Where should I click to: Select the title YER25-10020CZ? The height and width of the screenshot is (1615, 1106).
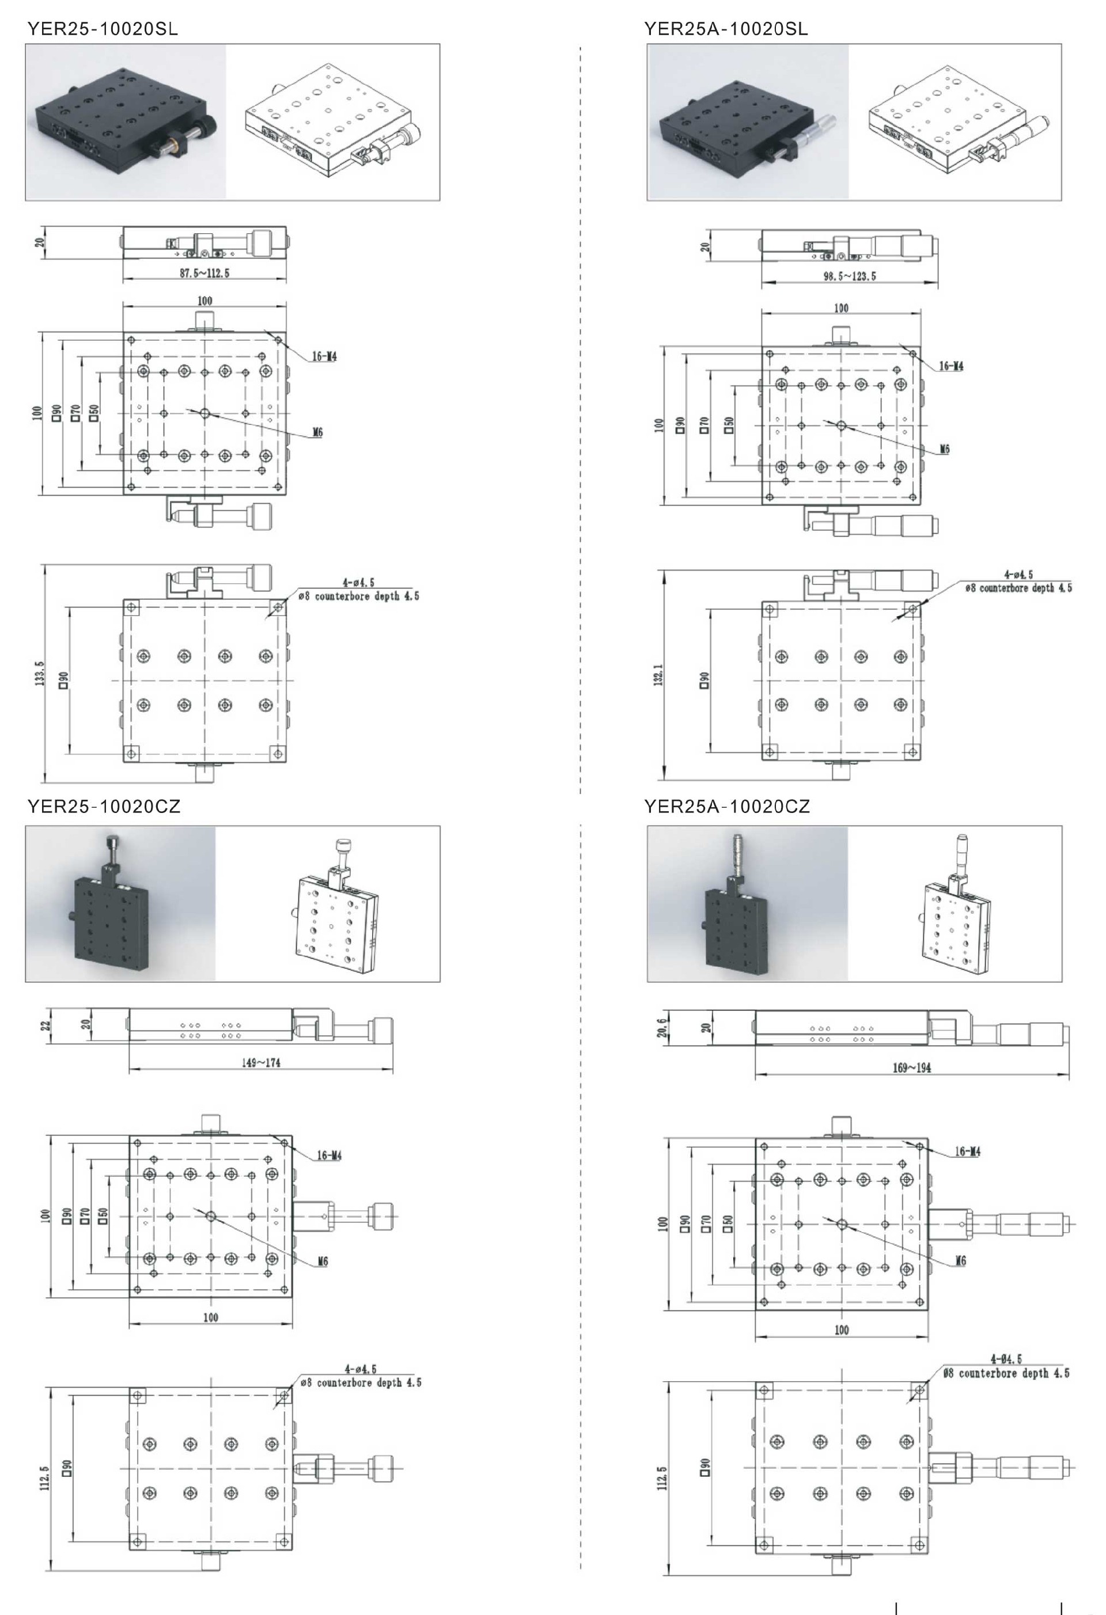click(x=104, y=806)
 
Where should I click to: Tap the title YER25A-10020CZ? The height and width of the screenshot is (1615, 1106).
click(x=727, y=806)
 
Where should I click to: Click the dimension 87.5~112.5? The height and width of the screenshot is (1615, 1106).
click(x=204, y=273)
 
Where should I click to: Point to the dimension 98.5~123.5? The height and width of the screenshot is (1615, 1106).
click(x=850, y=276)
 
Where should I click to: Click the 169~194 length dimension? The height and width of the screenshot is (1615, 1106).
click(x=912, y=1067)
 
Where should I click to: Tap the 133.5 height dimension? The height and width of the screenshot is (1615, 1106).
click(x=40, y=674)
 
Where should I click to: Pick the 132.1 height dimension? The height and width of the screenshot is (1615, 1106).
click(x=658, y=675)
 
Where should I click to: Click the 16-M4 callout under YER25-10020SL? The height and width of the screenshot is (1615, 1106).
click(x=324, y=356)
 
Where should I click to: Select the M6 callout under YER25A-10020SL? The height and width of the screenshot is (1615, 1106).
click(x=944, y=449)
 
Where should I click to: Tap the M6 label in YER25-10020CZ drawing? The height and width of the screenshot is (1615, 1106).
click(x=323, y=1261)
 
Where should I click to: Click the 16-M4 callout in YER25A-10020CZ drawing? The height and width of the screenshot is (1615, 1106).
click(x=968, y=1152)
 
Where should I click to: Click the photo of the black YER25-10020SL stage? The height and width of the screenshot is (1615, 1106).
click(x=126, y=122)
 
